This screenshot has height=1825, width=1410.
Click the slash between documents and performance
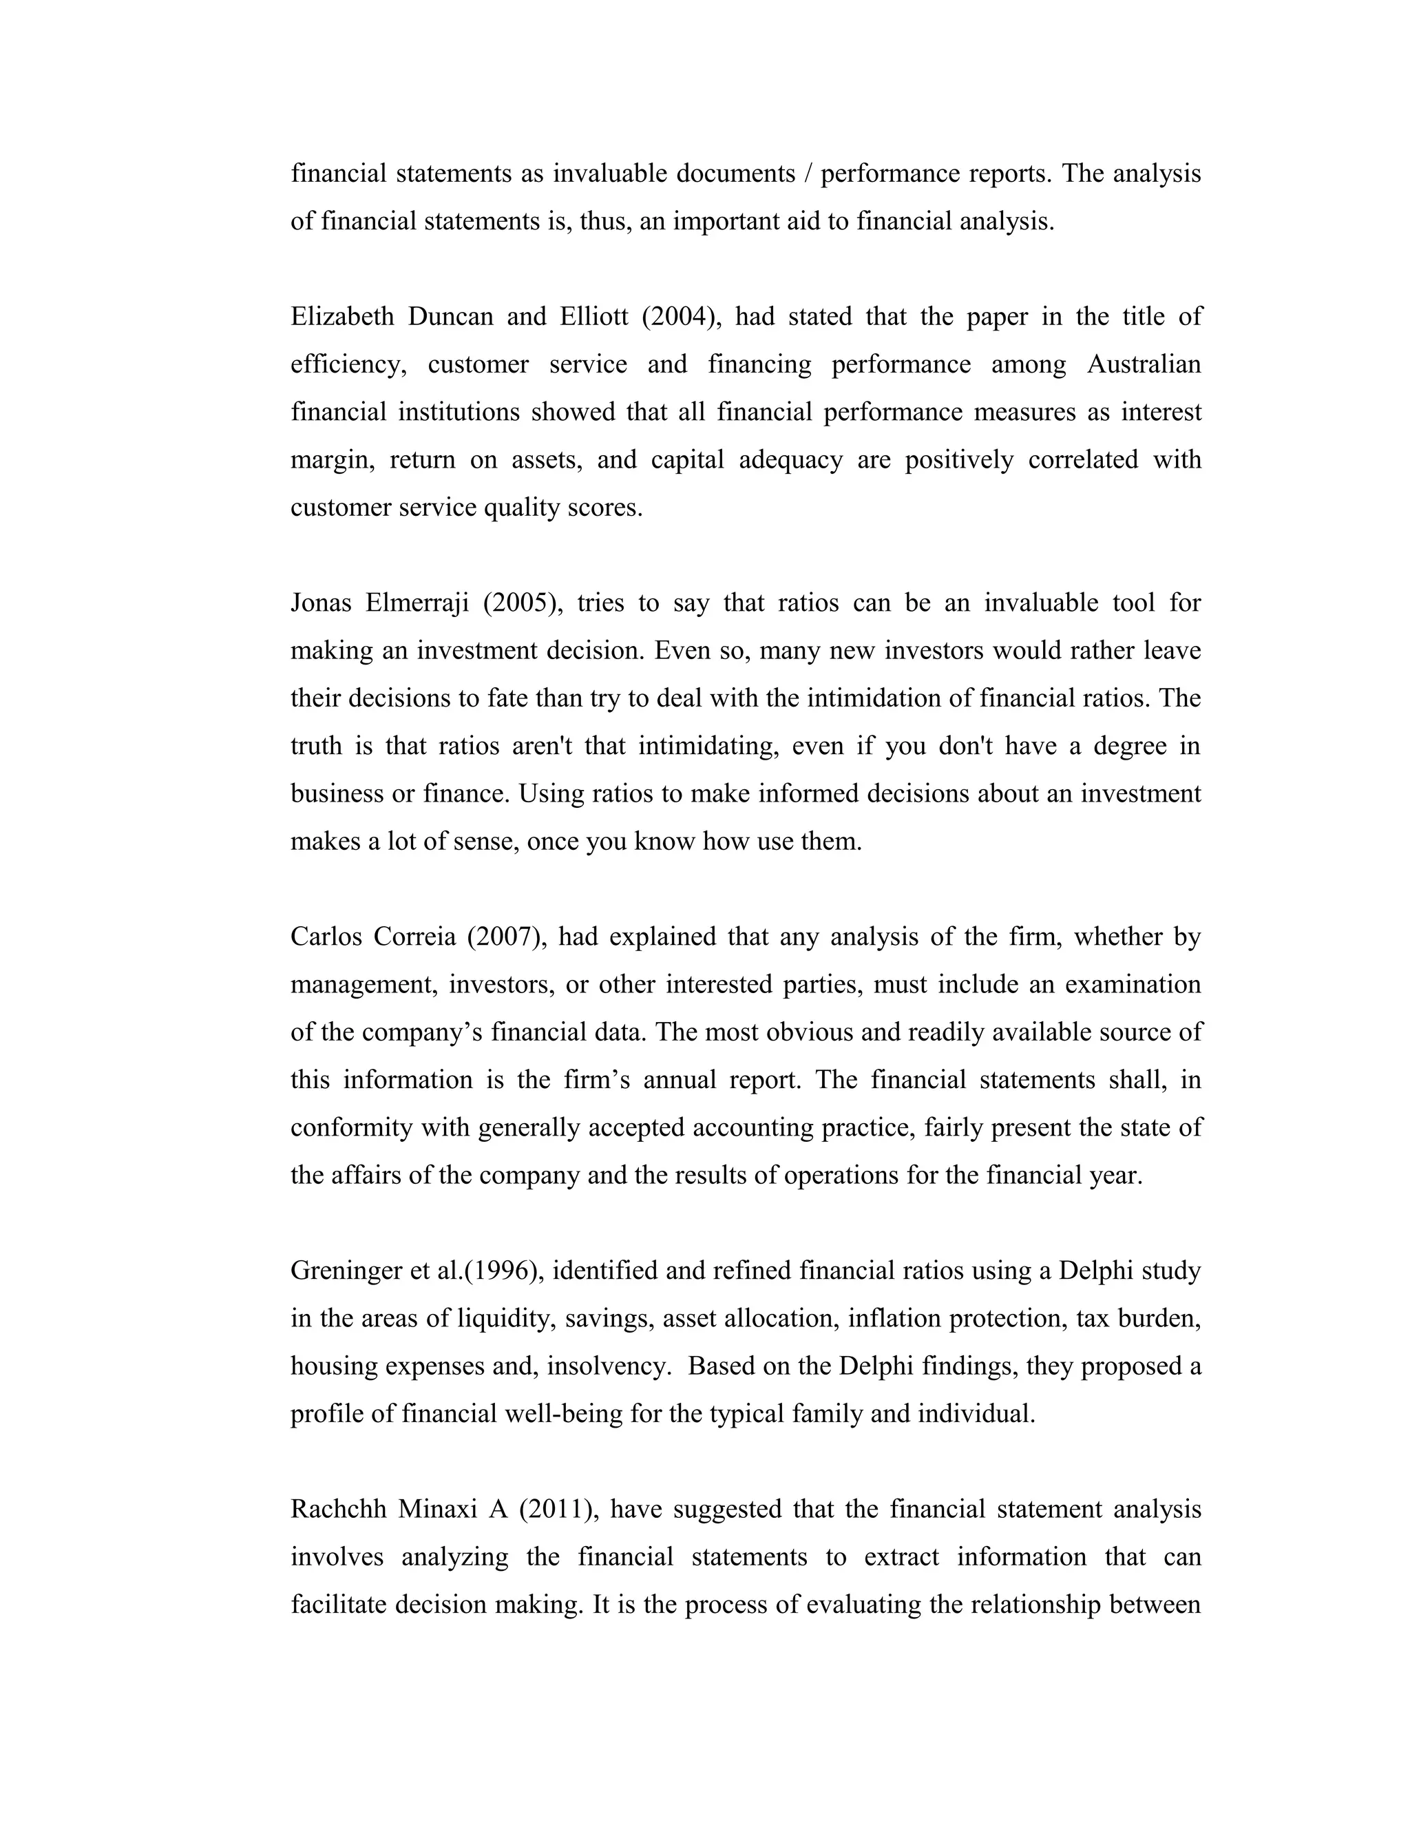(x=806, y=174)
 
